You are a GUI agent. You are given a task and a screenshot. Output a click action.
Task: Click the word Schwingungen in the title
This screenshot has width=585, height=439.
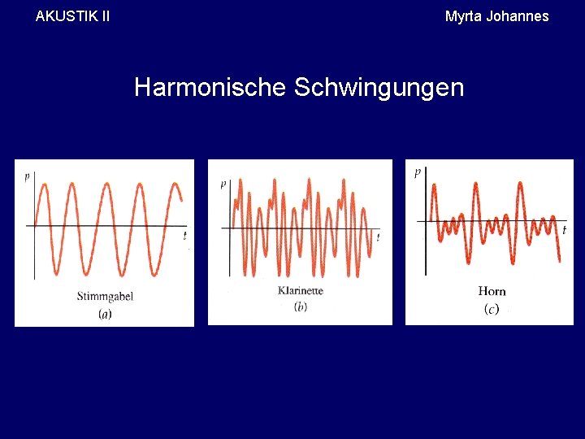(x=379, y=87)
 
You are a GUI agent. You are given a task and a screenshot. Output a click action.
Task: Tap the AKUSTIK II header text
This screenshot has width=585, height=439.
(x=73, y=15)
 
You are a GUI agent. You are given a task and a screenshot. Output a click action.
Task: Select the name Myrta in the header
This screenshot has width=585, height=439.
(x=463, y=16)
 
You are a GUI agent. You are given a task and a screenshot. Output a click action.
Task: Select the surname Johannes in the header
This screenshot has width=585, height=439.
(x=517, y=16)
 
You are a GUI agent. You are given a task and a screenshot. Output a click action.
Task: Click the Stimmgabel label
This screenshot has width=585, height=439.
(x=105, y=296)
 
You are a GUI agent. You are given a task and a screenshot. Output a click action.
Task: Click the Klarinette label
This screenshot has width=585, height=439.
(x=300, y=291)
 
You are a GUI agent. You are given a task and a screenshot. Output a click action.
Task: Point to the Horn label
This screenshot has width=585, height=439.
(x=492, y=291)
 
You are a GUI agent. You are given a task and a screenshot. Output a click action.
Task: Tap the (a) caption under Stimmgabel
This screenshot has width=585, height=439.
(x=105, y=313)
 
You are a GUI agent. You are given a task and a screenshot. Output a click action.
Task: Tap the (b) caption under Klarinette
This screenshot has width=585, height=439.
(x=300, y=306)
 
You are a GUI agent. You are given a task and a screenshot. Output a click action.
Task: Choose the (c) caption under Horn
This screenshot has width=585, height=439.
(x=491, y=308)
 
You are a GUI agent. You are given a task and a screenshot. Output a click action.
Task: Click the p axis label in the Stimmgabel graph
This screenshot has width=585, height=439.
(x=27, y=176)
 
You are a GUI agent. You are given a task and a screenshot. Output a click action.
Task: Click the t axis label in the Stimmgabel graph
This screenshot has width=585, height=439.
(x=184, y=236)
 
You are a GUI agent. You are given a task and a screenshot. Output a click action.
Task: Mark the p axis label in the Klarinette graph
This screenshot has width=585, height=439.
(x=223, y=185)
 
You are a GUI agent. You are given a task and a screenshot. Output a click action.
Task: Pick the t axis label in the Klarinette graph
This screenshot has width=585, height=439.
(x=378, y=237)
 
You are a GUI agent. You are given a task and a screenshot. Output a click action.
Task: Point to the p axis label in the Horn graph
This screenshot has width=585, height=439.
(x=418, y=172)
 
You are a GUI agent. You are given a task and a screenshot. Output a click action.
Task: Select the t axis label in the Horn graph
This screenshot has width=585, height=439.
(x=564, y=230)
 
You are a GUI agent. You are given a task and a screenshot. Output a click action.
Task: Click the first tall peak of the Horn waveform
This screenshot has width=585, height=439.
(x=434, y=186)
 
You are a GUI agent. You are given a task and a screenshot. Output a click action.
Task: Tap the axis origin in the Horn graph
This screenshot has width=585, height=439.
(x=427, y=220)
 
